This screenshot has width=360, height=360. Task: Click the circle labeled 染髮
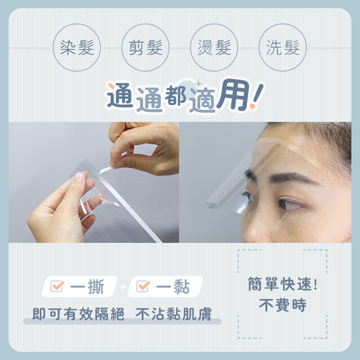(77, 48)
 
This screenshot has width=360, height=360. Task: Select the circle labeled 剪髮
(145, 48)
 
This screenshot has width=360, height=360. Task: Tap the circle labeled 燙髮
(214, 48)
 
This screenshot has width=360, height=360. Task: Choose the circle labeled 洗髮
(283, 48)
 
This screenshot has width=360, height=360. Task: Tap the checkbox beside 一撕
(57, 287)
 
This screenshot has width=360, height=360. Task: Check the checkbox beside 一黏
(143, 287)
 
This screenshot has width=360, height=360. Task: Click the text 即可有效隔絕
(78, 315)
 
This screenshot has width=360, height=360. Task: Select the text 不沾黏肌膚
(174, 315)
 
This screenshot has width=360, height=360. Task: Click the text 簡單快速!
(282, 284)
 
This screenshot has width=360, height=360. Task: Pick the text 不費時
(282, 306)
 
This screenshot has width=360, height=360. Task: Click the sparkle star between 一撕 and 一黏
(122, 287)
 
